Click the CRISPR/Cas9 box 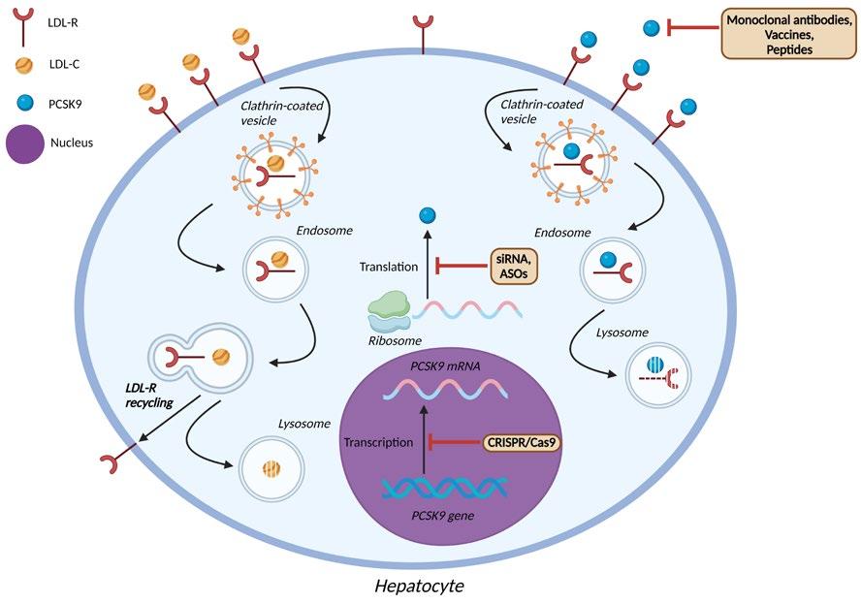tap(522, 442)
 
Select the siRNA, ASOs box tap(514, 266)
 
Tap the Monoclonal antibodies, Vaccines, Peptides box tap(789, 34)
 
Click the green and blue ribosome tap(389, 311)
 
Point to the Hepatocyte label tap(419, 586)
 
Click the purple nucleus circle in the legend tap(25, 143)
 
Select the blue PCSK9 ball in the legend tap(25, 103)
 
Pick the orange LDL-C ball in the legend tap(24, 65)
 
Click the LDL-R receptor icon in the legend tap(24, 27)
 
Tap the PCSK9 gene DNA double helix tap(444, 487)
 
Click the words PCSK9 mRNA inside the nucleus tap(445, 365)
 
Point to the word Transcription tap(378, 442)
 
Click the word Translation tap(389, 267)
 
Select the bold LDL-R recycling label tap(148, 396)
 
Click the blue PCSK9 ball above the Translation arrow tap(428, 215)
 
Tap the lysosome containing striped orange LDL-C tap(271, 468)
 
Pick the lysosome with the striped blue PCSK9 tap(659, 374)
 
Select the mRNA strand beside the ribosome tap(466, 309)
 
